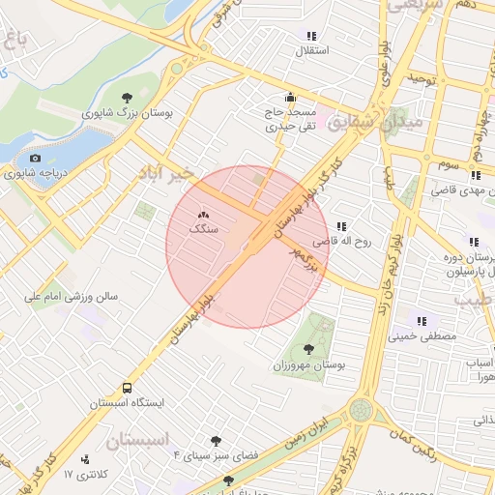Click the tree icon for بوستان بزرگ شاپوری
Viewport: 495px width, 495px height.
pyautogui.click(x=128, y=97)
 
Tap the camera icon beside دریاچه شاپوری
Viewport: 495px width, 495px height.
pyautogui.click(x=35, y=158)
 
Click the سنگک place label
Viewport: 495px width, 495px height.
pyautogui.click(x=204, y=230)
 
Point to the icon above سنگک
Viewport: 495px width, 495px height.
pyautogui.click(x=203, y=215)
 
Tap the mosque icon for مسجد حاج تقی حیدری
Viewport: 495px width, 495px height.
pyautogui.click(x=289, y=97)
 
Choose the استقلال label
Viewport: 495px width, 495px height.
pyautogui.click(x=316, y=49)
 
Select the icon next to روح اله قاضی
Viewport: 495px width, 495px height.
pyautogui.click(x=340, y=226)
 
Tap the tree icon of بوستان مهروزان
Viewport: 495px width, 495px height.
pyautogui.click(x=308, y=349)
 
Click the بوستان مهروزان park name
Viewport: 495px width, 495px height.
pyautogui.click(x=308, y=366)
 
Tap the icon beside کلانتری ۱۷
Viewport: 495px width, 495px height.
pyautogui.click(x=86, y=459)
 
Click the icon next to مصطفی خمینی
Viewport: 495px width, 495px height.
pyautogui.click(x=421, y=321)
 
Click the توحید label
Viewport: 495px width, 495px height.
pyautogui.click(x=423, y=77)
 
